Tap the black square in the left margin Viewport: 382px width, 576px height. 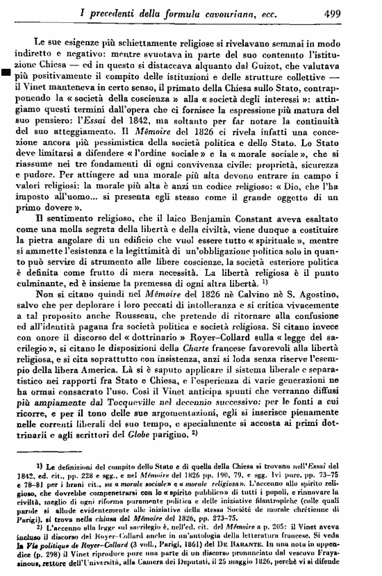6,71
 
